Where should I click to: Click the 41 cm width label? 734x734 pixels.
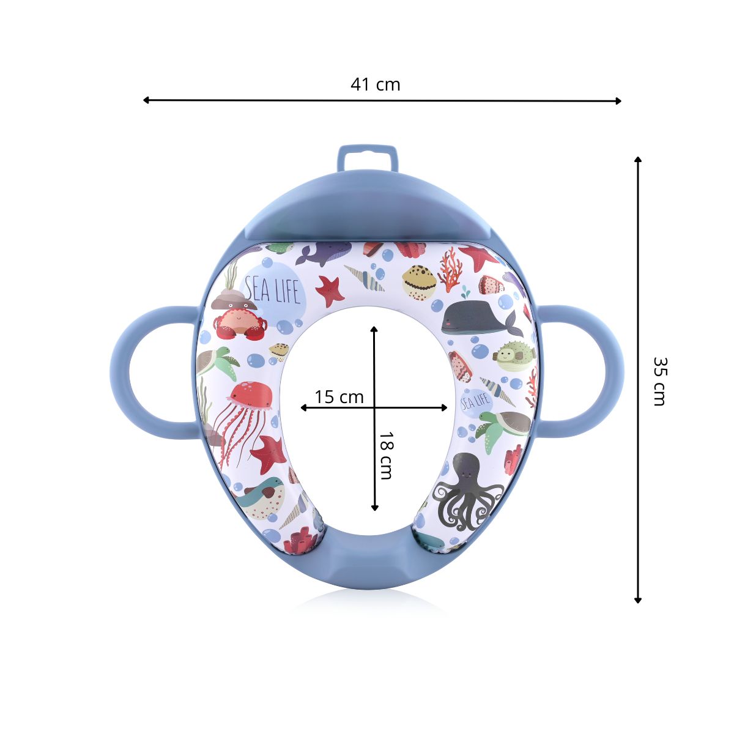[375, 84]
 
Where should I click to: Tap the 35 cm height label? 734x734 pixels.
[660, 381]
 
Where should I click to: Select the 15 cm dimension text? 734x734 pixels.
[339, 397]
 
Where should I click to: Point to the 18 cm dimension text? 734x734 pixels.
[385, 456]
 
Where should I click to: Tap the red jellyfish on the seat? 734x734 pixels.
[244, 423]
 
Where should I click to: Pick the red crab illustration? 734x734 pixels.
[240, 324]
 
